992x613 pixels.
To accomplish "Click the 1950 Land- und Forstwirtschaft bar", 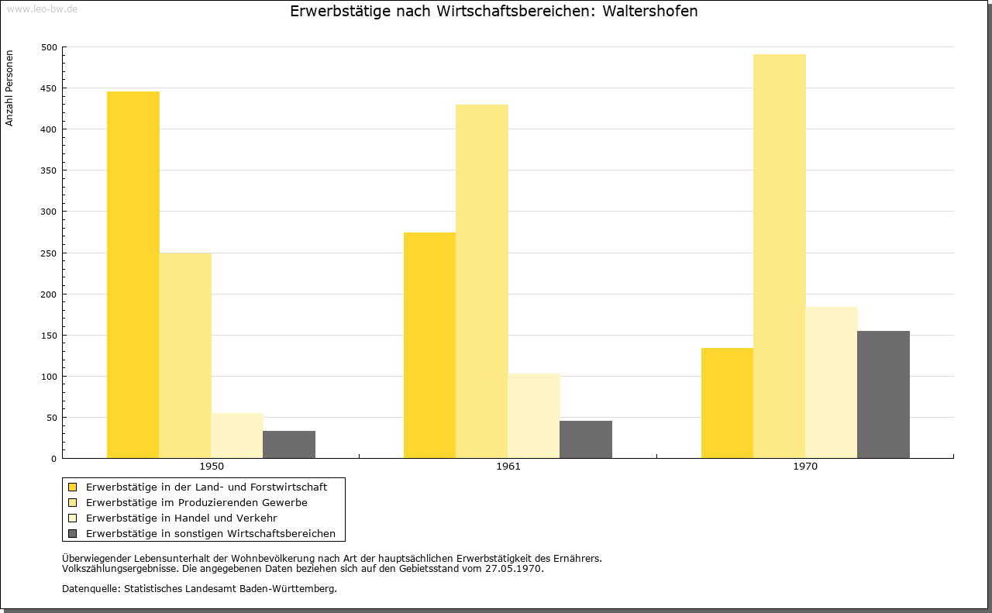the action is point(133,274).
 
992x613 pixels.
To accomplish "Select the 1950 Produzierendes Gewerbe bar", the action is point(185,356).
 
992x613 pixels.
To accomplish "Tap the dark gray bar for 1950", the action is point(289,444).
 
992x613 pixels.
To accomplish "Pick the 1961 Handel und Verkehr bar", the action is point(534,416).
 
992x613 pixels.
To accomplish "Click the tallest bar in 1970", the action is point(780,256).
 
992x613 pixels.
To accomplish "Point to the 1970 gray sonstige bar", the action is point(883,394).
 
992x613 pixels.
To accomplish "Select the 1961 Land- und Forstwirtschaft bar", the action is point(429,346).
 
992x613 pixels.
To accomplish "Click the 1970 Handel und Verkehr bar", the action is point(832,383).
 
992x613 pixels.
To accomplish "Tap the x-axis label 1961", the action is point(508,467).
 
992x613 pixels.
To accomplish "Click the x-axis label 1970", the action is point(805,467).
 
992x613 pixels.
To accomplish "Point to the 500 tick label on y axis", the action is point(49,47).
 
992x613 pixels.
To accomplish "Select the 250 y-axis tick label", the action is point(49,253).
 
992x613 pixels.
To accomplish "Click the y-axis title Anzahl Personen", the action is point(9,88).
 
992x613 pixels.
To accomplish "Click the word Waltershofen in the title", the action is point(649,12).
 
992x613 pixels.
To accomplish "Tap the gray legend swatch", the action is point(73,534).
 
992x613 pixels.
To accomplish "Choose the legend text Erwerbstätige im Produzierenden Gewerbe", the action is point(197,503).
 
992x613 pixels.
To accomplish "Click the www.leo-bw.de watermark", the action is point(43,9).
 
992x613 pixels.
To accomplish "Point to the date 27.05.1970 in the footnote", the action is point(513,569).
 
